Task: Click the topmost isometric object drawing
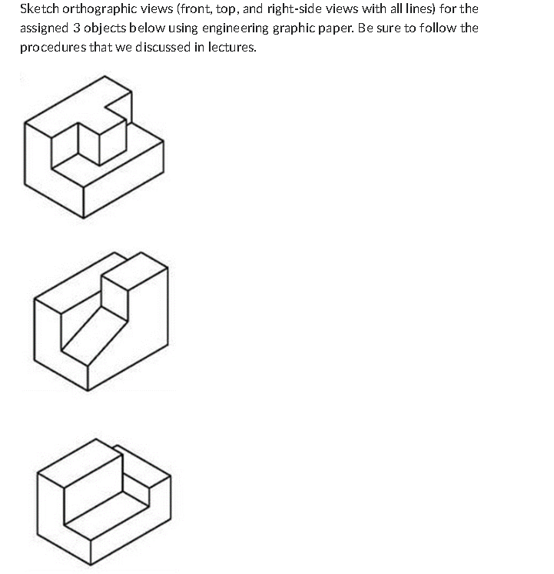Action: [93, 145]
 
